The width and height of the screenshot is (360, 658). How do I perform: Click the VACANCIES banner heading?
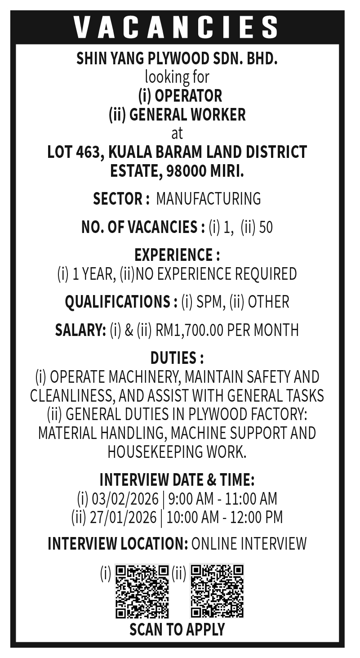(x=177, y=27)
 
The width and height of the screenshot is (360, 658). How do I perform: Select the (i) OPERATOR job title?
(x=180, y=96)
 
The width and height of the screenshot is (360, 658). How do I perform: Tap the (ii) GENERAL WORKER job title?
(x=177, y=115)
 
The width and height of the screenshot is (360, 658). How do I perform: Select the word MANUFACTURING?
(x=208, y=198)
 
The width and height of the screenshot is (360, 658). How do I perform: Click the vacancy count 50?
(x=266, y=228)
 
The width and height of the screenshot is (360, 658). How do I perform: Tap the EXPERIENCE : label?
(x=177, y=255)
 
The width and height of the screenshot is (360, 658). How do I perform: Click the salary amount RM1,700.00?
(x=190, y=330)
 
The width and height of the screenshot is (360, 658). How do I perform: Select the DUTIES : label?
(x=177, y=358)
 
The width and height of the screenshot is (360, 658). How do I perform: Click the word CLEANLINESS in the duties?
(x=68, y=395)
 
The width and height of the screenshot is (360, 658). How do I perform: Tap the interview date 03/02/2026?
(x=125, y=499)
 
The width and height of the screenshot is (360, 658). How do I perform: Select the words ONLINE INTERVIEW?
(x=249, y=544)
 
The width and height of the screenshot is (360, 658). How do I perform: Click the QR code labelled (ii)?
(x=217, y=591)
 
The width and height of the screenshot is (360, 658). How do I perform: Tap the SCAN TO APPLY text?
(x=177, y=630)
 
